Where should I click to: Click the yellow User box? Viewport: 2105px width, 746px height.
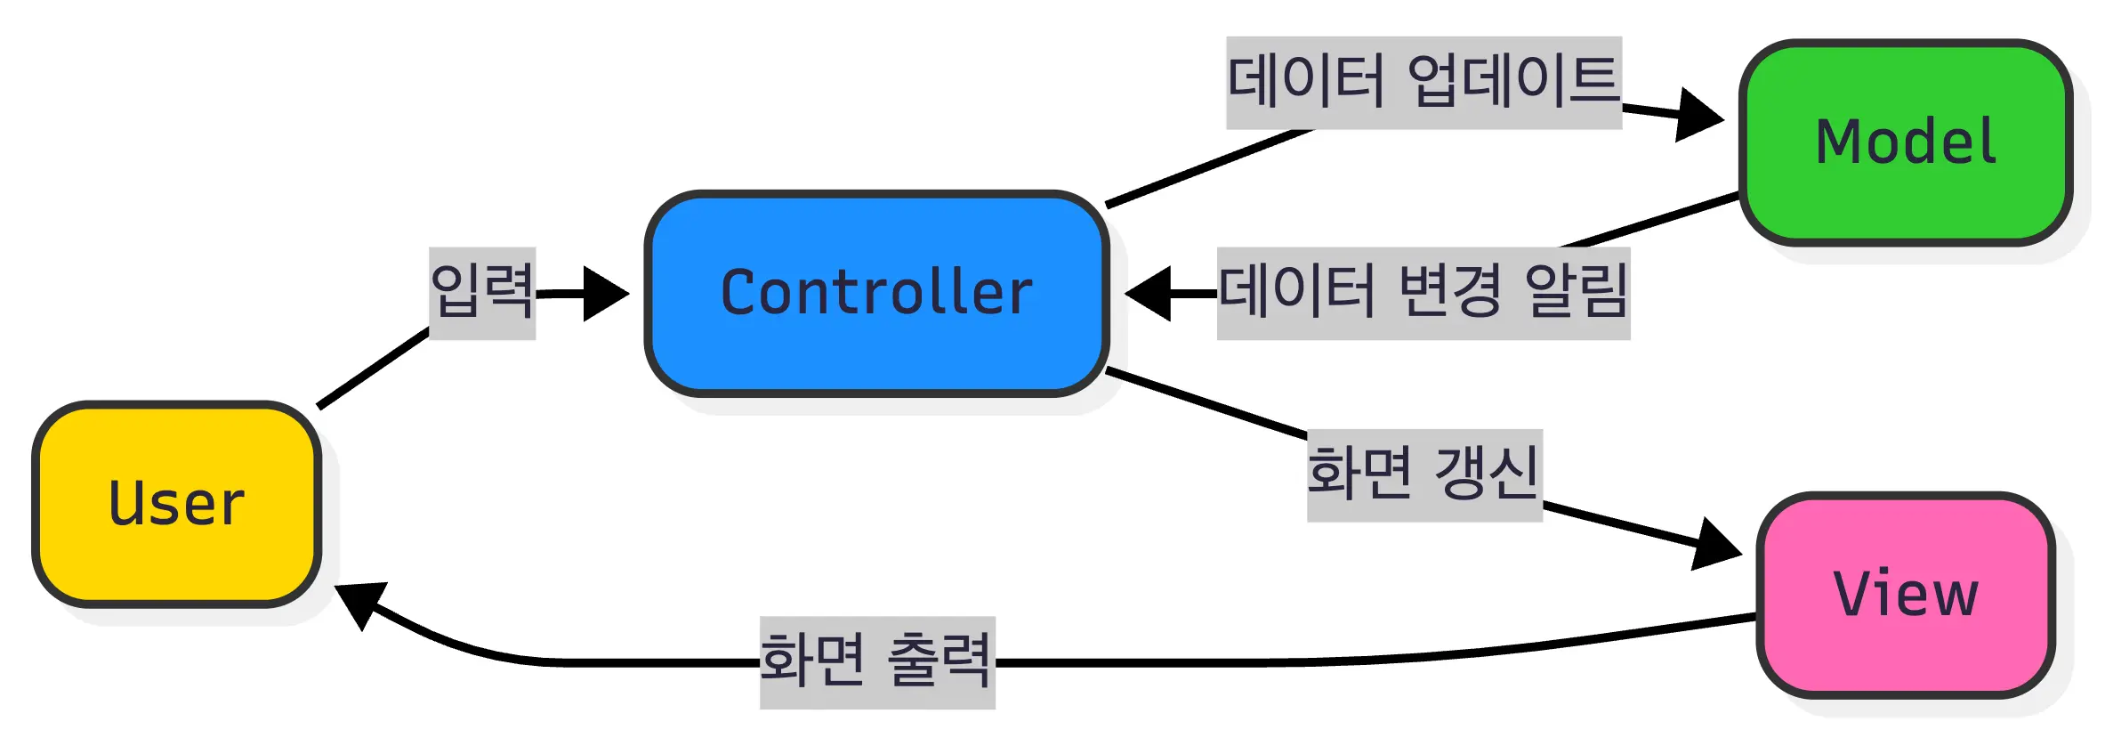(x=176, y=505)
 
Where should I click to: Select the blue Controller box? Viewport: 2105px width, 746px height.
(x=877, y=293)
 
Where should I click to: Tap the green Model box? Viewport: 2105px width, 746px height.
(x=1906, y=142)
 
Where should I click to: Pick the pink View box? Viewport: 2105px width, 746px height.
(x=1906, y=595)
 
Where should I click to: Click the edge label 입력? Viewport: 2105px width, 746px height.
(x=482, y=292)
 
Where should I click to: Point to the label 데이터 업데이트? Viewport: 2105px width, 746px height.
(x=1423, y=82)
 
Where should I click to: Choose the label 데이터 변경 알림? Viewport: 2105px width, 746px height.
(x=1423, y=293)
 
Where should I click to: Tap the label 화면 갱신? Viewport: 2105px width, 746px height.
(x=1423, y=474)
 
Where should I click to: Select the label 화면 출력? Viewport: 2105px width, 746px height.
(x=877, y=662)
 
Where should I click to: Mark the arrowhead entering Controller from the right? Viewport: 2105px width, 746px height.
(x=1149, y=293)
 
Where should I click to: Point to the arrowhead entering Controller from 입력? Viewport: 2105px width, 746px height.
(x=605, y=293)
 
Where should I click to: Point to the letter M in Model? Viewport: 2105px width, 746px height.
(x=1839, y=142)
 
